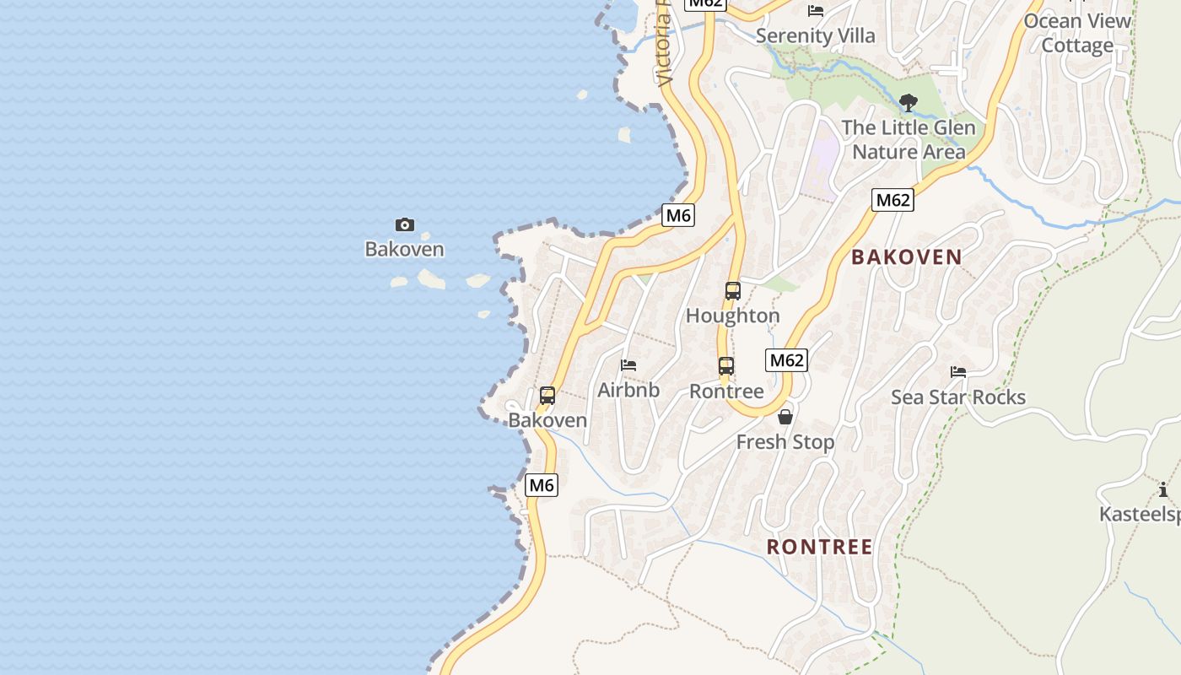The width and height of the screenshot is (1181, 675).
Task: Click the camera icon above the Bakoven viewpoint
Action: coord(405,224)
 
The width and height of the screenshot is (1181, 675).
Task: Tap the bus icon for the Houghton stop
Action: coord(733,291)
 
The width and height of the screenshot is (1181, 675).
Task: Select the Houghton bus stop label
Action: coord(733,316)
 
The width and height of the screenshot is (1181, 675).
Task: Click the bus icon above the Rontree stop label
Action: coord(726,366)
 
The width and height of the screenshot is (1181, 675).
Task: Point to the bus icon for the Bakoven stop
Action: coord(547,395)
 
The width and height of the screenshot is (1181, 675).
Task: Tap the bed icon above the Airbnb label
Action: coord(628,365)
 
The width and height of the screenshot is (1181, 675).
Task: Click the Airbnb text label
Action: coord(628,391)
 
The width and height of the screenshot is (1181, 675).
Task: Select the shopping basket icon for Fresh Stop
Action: coord(785,417)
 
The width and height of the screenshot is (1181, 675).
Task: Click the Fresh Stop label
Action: coord(785,442)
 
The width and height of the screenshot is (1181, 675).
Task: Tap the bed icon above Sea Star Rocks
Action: coord(958,372)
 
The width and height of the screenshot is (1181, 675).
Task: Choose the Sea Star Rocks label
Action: coord(958,397)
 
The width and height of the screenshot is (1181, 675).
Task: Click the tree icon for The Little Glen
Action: coord(909,103)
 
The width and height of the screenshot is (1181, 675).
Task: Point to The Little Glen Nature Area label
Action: coord(909,140)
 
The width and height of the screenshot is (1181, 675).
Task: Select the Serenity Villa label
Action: coord(816,36)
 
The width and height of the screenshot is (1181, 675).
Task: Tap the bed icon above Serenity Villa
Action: coord(816,11)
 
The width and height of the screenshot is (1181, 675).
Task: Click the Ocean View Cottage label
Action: coord(1077,33)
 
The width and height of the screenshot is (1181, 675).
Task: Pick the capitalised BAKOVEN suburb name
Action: coord(907,257)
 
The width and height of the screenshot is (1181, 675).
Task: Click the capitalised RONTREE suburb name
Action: coord(820,547)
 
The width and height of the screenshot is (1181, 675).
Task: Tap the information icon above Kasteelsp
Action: coord(1163,489)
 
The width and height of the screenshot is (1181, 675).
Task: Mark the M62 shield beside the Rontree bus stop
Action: coord(787,360)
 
